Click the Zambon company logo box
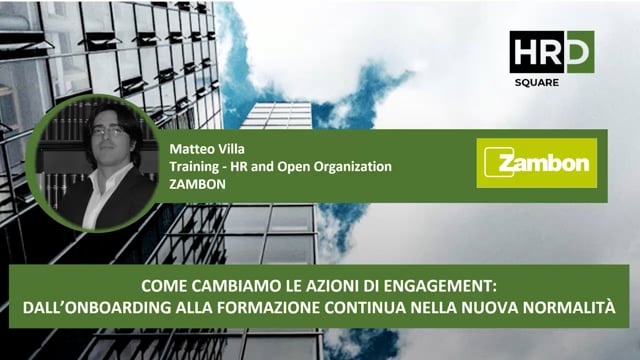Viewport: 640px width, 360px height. [536, 163]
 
